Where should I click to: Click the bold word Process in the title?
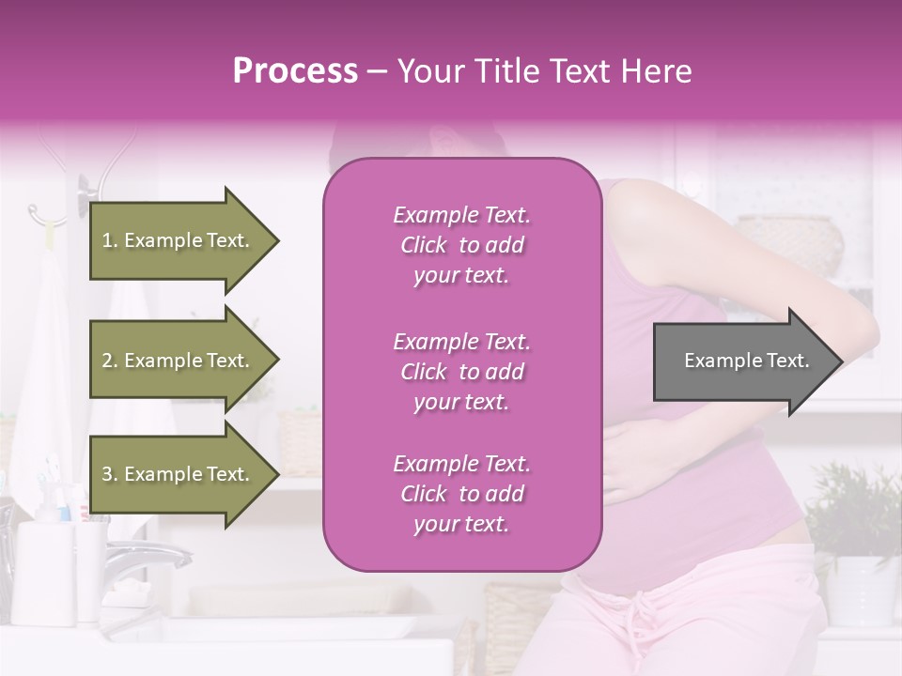pos(295,71)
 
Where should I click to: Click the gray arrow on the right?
pos(747,361)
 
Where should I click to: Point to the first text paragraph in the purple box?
pos(461,245)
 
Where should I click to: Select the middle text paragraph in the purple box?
pos(461,372)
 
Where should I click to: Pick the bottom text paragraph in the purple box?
pos(461,494)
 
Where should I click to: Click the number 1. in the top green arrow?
pos(110,240)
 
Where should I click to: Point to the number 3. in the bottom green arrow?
pos(110,474)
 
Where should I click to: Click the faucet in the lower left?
pos(150,560)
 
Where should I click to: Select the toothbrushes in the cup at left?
pos(52,493)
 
